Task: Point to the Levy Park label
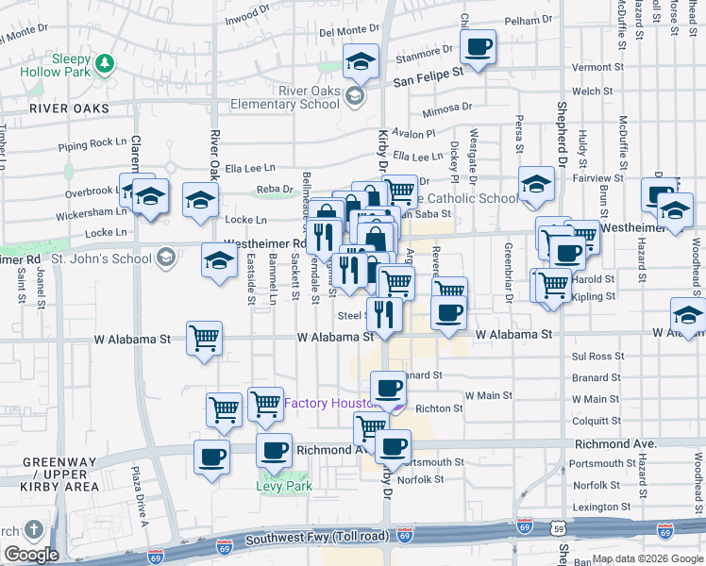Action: [283, 487]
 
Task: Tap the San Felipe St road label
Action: [429, 71]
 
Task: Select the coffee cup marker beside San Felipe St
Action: [479, 47]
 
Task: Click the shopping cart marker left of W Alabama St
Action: [205, 337]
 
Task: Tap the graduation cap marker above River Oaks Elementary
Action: [360, 61]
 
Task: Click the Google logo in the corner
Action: [30, 554]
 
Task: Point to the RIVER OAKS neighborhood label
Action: [69, 108]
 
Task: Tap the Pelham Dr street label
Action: [529, 20]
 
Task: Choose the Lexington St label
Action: [600, 507]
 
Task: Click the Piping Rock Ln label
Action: [92, 143]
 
